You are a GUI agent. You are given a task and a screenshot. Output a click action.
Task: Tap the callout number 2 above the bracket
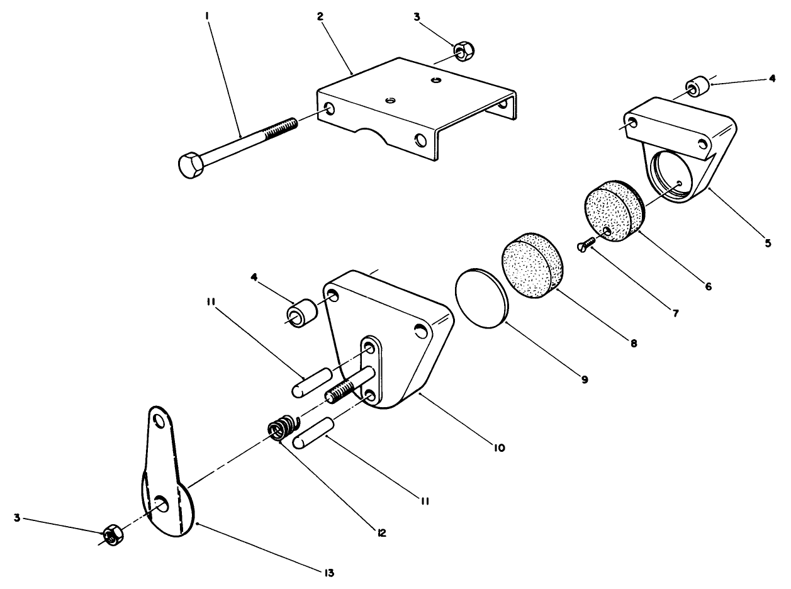tap(320, 16)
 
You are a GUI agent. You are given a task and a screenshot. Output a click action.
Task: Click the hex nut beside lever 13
tap(113, 535)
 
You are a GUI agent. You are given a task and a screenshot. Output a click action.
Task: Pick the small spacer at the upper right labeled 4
tap(695, 87)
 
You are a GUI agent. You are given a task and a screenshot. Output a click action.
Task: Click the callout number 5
tap(767, 243)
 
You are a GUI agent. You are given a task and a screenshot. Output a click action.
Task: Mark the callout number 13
tap(329, 573)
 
